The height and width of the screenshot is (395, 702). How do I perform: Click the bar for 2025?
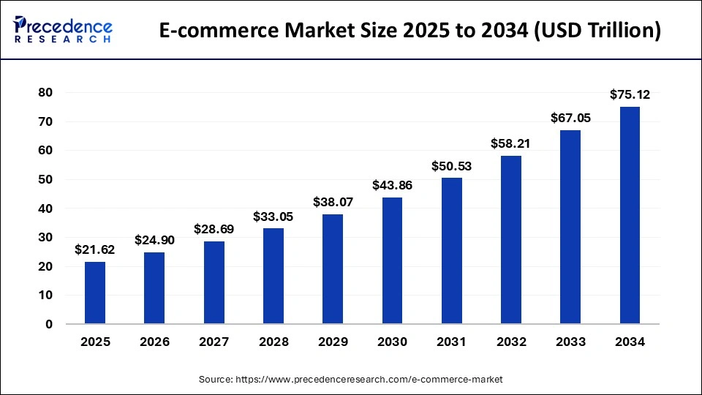[95, 293]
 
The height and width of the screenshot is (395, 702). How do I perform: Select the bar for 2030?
[392, 260]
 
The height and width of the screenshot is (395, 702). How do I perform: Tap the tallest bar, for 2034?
[630, 216]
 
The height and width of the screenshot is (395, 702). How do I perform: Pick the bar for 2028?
[273, 276]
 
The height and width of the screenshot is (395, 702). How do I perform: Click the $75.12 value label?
[630, 94]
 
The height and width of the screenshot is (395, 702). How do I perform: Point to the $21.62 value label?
[95, 249]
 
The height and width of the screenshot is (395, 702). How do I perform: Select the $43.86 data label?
[392, 185]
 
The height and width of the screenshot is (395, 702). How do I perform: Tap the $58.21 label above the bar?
[511, 143]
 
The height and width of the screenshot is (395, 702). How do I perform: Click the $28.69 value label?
[214, 229]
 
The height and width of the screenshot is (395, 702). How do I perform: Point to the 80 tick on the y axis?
[46, 92]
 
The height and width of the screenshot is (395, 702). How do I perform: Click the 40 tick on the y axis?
[46, 208]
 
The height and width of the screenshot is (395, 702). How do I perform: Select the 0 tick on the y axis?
[49, 324]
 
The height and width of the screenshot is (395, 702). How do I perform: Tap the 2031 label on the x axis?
[451, 342]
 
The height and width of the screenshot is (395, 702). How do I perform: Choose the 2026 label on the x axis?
[154, 342]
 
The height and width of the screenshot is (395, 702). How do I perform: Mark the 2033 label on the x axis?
[570, 342]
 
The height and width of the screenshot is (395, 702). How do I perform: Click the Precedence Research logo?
[63, 30]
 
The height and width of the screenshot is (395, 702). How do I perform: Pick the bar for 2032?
[511, 239]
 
